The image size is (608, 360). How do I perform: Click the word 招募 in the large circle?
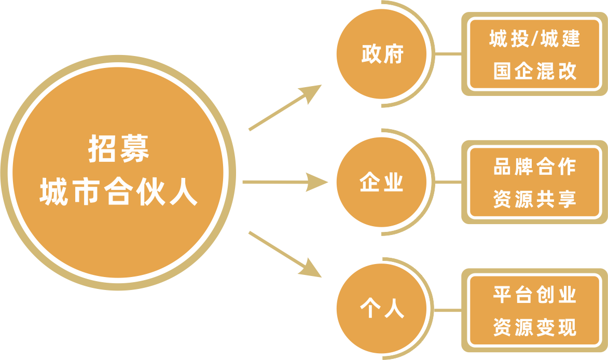pos(118,149)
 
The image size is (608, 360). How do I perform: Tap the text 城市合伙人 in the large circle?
pos(118,192)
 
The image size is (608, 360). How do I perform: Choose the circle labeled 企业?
pos(382,183)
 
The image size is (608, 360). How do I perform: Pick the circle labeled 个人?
pos(382,310)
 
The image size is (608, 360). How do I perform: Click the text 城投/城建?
pos(534,40)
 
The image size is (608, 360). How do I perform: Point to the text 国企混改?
pos(534,71)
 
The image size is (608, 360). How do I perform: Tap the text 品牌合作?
pos(534,168)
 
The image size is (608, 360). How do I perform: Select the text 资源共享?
pos(534,200)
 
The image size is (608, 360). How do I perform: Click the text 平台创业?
pos(534,296)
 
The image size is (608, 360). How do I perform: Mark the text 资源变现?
pos(534,327)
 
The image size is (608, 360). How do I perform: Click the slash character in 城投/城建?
pos(534,40)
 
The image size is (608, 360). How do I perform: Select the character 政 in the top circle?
pos(370,54)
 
